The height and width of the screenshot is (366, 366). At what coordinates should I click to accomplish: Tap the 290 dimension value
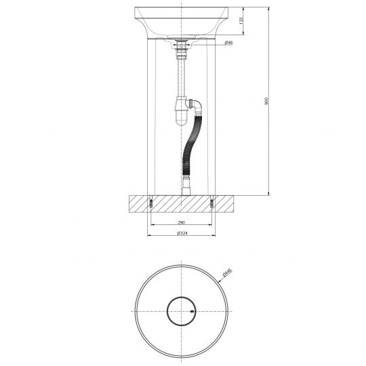click(182, 222)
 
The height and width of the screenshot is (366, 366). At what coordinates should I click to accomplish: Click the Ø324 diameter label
click(182, 234)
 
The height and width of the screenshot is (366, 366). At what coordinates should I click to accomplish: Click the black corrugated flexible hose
click(190, 146)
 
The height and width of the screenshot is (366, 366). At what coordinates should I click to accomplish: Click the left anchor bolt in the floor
click(150, 201)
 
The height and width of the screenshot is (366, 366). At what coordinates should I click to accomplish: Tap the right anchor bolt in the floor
click(213, 201)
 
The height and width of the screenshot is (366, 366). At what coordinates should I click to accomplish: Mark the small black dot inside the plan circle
click(192, 312)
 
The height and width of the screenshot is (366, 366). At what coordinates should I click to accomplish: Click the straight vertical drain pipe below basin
click(182, 78)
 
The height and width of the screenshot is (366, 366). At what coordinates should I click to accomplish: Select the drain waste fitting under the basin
click(182, 47)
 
